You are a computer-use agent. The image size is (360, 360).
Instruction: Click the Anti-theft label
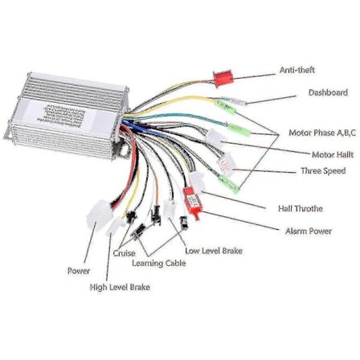[297, 71]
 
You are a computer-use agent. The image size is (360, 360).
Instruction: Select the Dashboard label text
[328, 93]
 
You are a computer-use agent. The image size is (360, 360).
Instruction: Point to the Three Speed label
[322, 171]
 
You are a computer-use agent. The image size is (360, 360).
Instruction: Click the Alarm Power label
[309, 231]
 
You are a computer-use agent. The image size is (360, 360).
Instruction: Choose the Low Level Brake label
[213, 251]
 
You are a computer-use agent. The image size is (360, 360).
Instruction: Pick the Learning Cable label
[158, 263]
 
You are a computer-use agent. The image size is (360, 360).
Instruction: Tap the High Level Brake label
[120, 287]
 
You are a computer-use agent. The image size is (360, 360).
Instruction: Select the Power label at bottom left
[78, 271]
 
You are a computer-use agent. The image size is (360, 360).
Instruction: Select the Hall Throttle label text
[300, 208]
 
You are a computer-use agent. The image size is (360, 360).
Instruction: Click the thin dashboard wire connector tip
[241, 101]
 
